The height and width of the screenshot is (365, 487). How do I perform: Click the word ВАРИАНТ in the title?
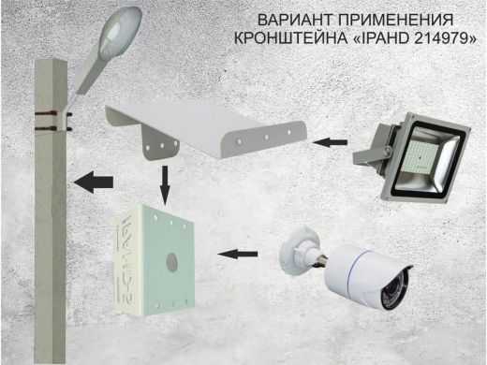[x=296, y=20]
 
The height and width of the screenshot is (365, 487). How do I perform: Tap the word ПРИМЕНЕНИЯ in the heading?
[x=396, y=20]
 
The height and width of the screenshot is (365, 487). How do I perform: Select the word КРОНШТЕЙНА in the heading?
[x=291, y=38]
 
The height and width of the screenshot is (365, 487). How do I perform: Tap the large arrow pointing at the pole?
[x=93, y=182]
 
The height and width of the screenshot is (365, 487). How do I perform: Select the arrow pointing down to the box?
[x=165, y=184]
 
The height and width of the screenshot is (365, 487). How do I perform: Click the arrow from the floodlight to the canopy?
[x=330, y=142]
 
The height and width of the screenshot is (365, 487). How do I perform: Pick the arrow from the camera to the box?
[x=238, y=254]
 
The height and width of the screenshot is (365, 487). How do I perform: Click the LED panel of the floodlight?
[x=419, y=157]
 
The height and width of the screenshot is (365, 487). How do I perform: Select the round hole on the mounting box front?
[x=171, y=261]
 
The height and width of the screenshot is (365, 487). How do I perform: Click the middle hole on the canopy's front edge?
[x=267, y=137]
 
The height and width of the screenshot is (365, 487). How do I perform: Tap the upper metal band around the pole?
[x=46, y=112]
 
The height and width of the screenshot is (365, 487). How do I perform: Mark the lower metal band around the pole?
[x=46, y=128]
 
